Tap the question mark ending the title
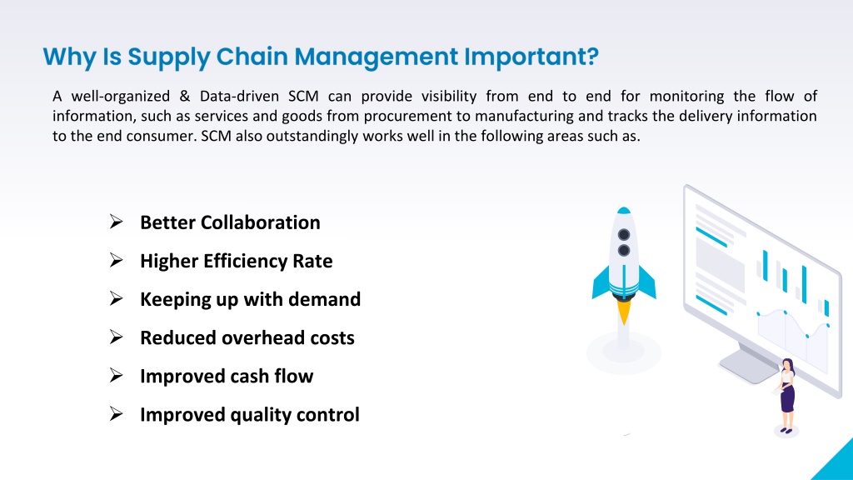[x=592, y=56]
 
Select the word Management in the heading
[x=377, y=57]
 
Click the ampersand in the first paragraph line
[x=185, y=97]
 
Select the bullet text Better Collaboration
[x=230, y=222]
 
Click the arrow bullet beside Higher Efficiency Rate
[x=116, y=260]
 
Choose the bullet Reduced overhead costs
[x=247, y=337]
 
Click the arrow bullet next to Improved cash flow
[x=116, y=376]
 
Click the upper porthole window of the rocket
[x=624, y=234]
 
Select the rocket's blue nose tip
[x=624, y=210]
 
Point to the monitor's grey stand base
[x=748, y=366]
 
